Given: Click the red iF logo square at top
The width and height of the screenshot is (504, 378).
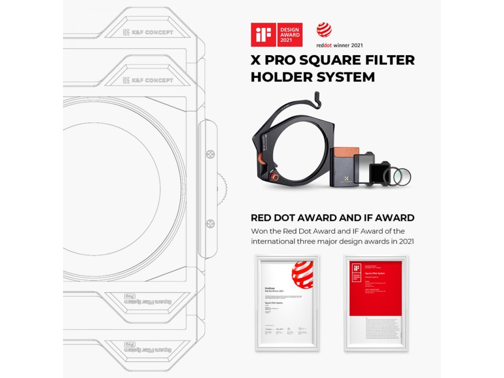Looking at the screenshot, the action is pos(262,34).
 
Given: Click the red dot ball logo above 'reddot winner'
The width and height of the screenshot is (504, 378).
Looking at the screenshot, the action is pos(324,30).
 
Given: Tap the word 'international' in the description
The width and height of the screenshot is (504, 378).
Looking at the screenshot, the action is pos(274,241).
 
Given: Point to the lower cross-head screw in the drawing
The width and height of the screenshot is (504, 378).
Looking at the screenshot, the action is pos(211,223).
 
